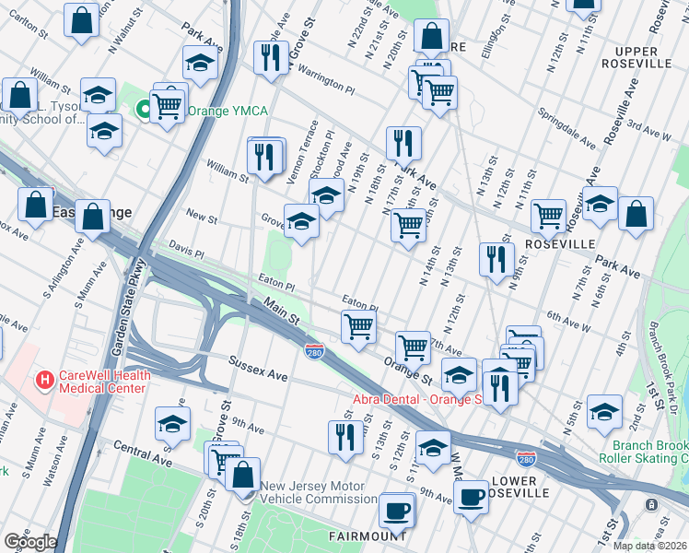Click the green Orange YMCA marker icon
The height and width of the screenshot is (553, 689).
point(143,111)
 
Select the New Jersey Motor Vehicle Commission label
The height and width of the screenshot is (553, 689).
point(318,493)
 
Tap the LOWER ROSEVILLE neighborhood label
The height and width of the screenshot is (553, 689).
point(520,487)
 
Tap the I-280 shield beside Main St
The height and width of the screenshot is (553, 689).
point(313,351)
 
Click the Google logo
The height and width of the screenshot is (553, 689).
point(30,541)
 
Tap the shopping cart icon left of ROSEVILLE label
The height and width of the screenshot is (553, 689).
point(548,216)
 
